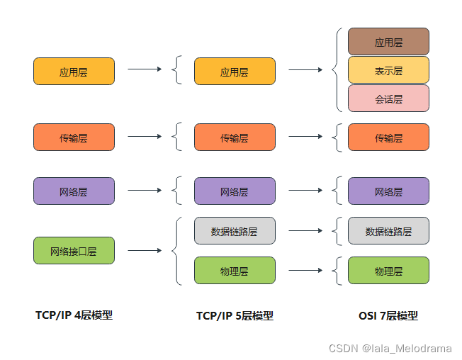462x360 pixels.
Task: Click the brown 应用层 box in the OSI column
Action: (x=388, y=42)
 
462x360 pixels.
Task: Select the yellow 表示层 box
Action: (x=388, y=70)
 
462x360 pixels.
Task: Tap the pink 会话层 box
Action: (x=388, y=99)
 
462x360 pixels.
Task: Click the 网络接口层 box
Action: (x=74, y=251)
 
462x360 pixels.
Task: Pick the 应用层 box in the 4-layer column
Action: (x=74, y=72)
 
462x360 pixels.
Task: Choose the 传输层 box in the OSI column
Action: (x=388, y=137)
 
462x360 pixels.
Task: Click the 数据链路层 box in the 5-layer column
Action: (x=235, y=231)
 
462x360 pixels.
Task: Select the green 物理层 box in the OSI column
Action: (x=388, y=271)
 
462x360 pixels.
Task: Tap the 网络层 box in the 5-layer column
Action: (x=235, y=191)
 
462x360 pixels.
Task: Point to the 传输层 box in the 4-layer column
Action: (x=74, y=137)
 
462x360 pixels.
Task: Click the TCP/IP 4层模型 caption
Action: (x=74, y=315)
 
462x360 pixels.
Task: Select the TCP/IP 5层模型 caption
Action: (x=235, y=316)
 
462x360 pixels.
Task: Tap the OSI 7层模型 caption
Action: (x=388, y=316)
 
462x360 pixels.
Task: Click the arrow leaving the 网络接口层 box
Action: (x=145, y=251)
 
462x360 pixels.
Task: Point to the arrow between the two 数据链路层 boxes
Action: (x=305, y=231)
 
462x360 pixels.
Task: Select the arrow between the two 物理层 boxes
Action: (x=305, y=271)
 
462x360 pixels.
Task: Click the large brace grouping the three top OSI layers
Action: (x=336, y=70)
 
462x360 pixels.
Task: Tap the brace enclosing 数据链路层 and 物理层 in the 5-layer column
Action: (x=177, y=251)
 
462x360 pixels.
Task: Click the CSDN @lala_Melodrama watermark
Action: (x=390, y=348)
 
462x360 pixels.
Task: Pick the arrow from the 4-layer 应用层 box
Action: (x=145, y=69)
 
